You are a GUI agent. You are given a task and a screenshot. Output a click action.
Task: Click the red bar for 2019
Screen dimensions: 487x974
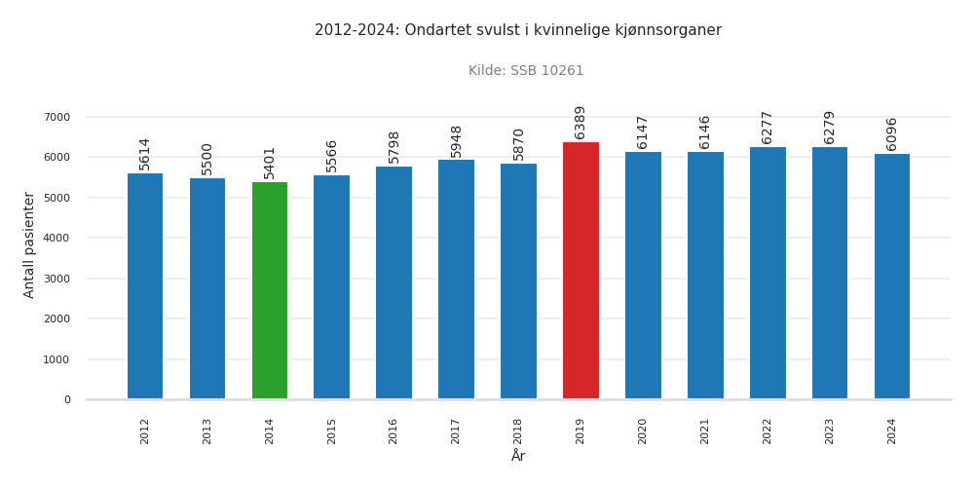(581, 271)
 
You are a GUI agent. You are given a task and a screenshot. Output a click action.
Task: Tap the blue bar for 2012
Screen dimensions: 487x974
(145, 286)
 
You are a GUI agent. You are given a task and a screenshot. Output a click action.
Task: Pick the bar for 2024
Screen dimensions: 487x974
(892, 277)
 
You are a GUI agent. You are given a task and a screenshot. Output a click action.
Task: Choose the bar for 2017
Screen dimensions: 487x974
(456, 280)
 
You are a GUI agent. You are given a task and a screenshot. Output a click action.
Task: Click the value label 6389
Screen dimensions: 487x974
(581, 123)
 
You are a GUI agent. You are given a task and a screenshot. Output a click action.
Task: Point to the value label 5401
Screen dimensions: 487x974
(270, 163)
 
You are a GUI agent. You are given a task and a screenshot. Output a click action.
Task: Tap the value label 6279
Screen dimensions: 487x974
(830, 128)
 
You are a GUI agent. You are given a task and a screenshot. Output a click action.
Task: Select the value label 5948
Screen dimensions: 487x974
(456, 140)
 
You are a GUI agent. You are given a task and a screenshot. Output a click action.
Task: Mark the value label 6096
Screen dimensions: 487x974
(892, 134)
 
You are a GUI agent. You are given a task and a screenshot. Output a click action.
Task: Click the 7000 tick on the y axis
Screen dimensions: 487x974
(56, 117)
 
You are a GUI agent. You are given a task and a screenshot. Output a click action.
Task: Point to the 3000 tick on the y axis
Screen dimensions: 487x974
(56, 279)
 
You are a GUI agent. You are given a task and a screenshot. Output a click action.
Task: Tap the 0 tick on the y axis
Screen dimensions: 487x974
(67, 399)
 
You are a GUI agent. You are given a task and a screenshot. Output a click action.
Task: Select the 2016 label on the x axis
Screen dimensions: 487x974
(393, 431)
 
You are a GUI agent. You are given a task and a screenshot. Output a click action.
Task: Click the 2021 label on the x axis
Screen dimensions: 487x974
(705, 431)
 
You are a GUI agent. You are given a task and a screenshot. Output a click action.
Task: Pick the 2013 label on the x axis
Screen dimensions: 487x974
(207, 431)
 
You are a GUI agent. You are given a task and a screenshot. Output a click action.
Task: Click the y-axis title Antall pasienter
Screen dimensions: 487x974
(29, 244)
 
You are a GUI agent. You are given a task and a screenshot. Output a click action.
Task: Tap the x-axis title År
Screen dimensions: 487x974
(518, 457)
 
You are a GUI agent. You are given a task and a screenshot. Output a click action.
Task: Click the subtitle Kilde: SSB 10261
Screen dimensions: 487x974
(526, 71)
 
